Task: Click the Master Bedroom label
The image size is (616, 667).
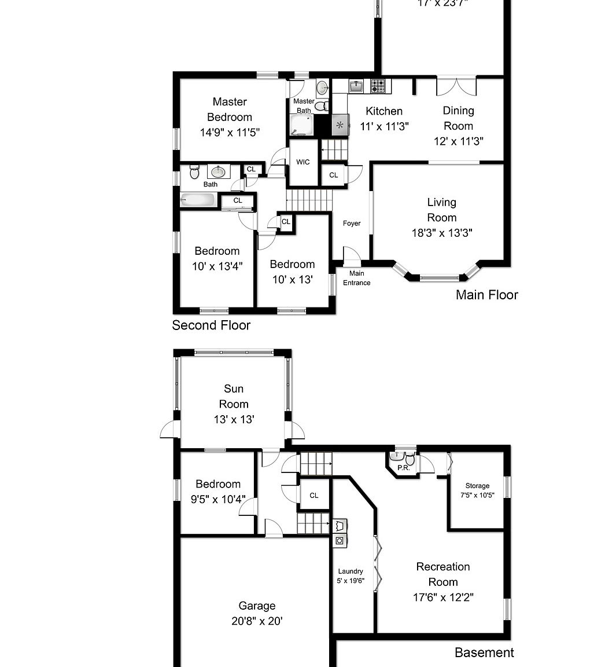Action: (230, 109)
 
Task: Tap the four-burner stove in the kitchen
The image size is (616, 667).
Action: (378, 86)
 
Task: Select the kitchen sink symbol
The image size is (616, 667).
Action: (356, 86)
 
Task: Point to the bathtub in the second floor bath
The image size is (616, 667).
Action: (198, 200)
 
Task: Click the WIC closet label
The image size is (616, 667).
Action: (303, 162)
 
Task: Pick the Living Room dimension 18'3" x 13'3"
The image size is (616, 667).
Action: (441, 233)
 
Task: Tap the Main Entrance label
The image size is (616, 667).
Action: (356, 278)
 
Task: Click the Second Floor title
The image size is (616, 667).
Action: (211, 325)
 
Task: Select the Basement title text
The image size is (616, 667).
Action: (484, 653)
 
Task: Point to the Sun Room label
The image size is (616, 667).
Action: (234, 397)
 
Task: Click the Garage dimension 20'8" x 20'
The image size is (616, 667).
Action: (257, 621)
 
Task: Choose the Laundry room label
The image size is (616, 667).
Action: (351, 571)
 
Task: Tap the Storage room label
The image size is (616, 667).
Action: (477, 486)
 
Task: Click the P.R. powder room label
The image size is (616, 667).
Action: (403, 468)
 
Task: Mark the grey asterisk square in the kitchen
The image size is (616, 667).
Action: (340, 124)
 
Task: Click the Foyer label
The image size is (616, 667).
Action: (352, 223)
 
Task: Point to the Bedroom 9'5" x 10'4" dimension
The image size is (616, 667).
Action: (218, 499)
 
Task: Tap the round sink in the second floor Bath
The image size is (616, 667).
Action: (218, 172)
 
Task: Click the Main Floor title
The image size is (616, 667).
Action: (486, 295)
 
